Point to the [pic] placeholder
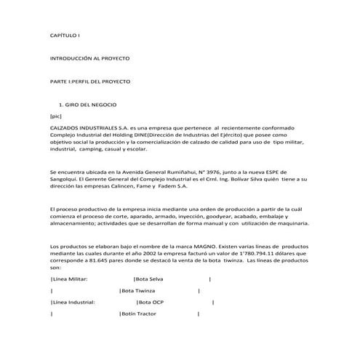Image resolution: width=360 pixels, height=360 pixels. click(56, 116)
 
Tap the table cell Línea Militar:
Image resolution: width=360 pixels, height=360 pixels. click(71, 279)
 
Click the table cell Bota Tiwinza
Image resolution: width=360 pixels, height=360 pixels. click(140, 290)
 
